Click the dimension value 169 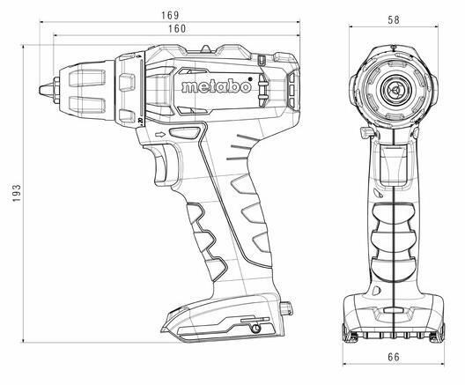(x=170, y=16)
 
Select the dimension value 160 (x=177, y=29)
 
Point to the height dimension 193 (x=17, y=194)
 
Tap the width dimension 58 (x=394, y=20)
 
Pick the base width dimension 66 (x=394, y=357)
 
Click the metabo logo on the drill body (x=217, y=86)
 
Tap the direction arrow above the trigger (x=160, y=135)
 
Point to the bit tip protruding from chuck (x=47, y=89)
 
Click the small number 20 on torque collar (x=140, y=120)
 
